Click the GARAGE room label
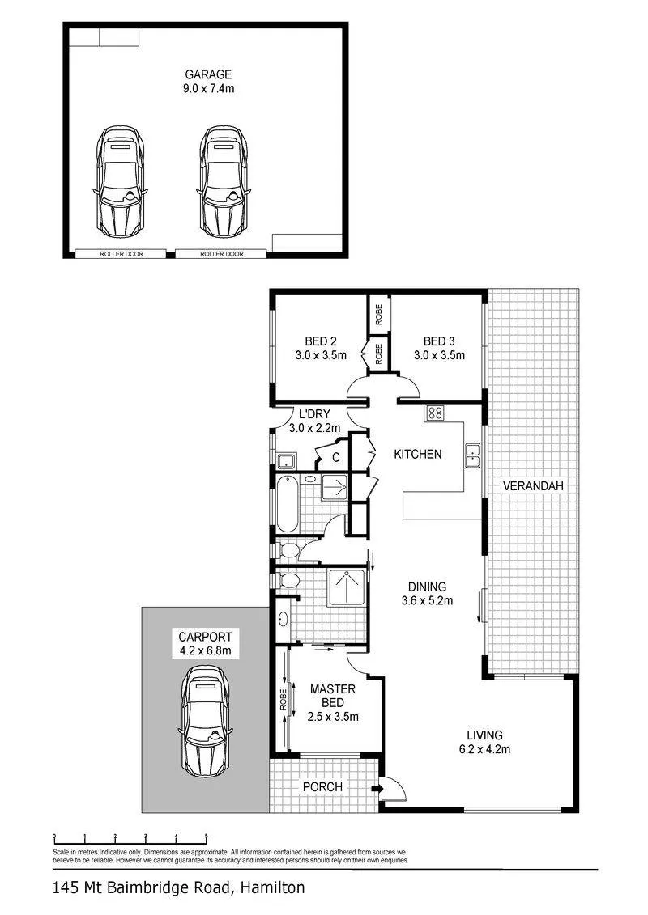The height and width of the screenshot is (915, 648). tap(209, 74)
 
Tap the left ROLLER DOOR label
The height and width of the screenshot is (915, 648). tap(122, 254)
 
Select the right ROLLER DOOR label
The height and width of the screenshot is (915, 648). tap(222, 254)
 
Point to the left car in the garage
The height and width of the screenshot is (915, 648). tap(121, 182)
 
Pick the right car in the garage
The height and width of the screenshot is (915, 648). tap(224, 182)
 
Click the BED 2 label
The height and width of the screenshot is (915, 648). tap(321, 341)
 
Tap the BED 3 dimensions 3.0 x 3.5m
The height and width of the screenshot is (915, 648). tap(439, 355)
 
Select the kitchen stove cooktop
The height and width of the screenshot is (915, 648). tap(435, 413)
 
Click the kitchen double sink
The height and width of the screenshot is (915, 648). tap(472, 455)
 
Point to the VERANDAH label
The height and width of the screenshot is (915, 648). tap(533, 485)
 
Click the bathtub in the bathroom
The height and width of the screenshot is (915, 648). tap(287, 504)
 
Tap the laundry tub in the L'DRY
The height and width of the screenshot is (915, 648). tap(286, 461)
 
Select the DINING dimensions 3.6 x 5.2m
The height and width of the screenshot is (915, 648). tap(427, 600)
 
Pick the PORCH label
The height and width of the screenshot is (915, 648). tap(322, 787)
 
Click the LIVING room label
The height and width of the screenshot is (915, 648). tap(484, 735)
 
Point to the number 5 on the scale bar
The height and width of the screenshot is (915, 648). tap(206, 837)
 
